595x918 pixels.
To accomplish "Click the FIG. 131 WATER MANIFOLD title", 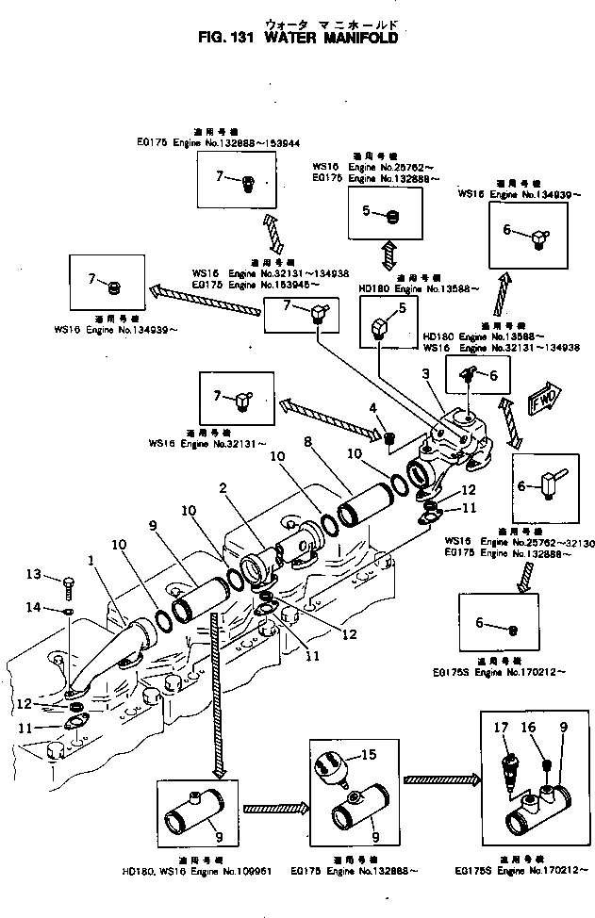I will pos(297,40).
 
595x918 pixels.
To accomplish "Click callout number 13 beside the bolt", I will pos(58,575).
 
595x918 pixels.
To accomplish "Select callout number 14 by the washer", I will pos(58,608).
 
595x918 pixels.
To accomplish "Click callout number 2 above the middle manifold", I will pos(223,488).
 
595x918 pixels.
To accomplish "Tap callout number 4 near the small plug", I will pos(373,408).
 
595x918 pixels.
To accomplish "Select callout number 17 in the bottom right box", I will pos(500,729).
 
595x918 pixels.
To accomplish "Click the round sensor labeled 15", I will pos(332,763).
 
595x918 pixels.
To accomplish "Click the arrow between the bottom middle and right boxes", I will pos(436,779).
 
